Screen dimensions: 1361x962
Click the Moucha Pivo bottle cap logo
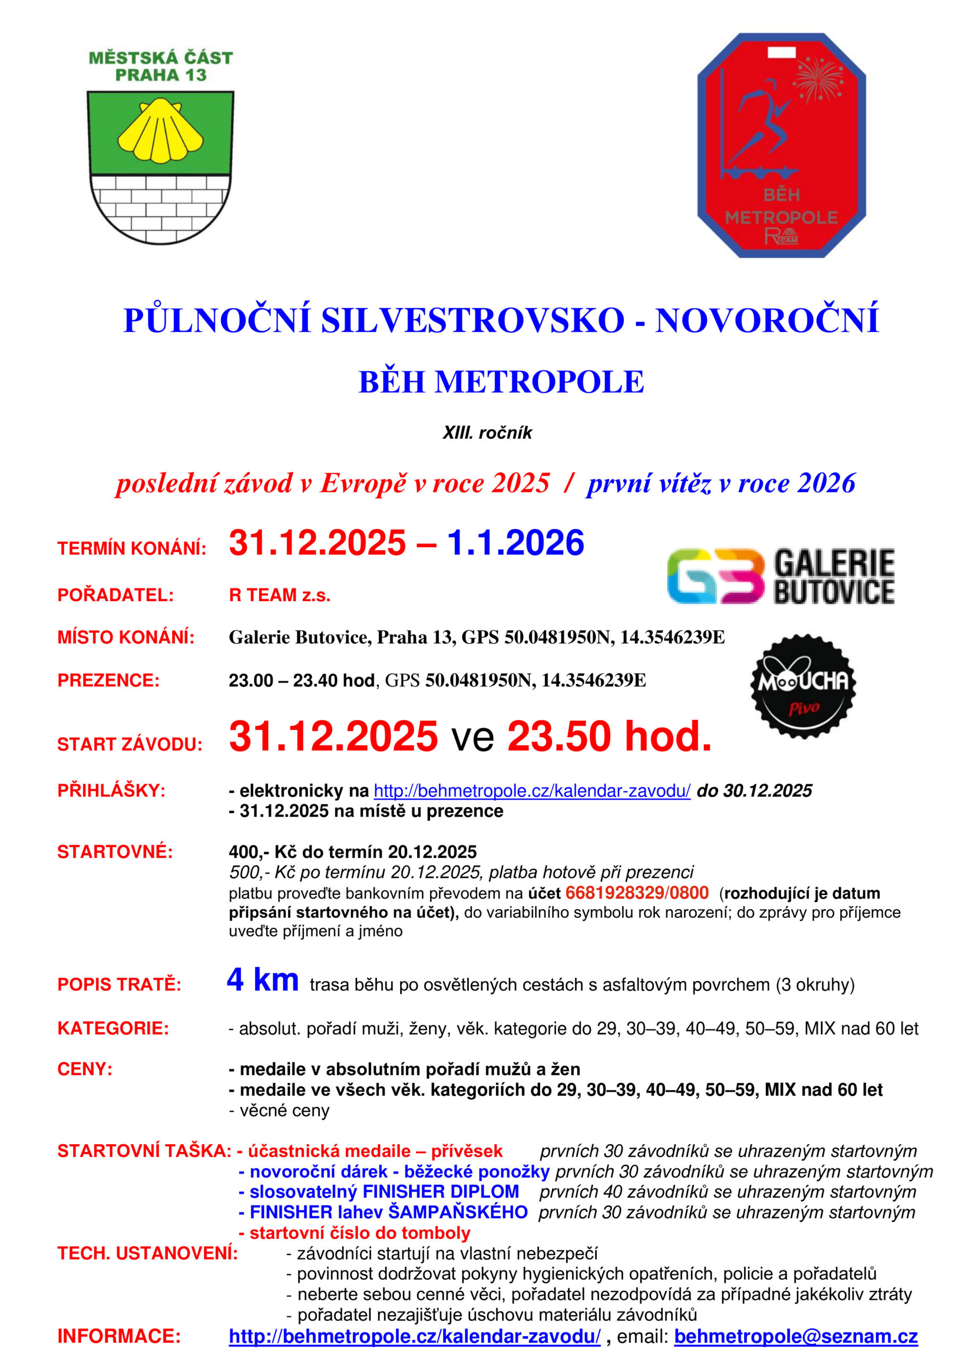tap(803, 686)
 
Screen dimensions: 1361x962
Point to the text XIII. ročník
tap(487, 433)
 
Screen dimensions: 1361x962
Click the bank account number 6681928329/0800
tap(637, 893)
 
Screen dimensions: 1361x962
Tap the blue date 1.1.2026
tap(515, 542)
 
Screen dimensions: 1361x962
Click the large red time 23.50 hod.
tap(609, 736)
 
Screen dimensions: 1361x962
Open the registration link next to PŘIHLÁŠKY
tap(531, 791)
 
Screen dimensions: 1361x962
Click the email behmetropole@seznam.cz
tap(796, 1336)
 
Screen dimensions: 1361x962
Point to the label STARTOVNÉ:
tap(115, 852)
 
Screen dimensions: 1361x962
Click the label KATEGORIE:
tap(113, 1028)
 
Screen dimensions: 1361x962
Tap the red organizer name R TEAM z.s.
tap(280, 594)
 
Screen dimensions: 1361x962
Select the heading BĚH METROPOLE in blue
tap(501, 382)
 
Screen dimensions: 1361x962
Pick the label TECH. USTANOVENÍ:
tap(148, 1253)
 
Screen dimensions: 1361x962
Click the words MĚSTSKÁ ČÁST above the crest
tap(161, 57)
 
